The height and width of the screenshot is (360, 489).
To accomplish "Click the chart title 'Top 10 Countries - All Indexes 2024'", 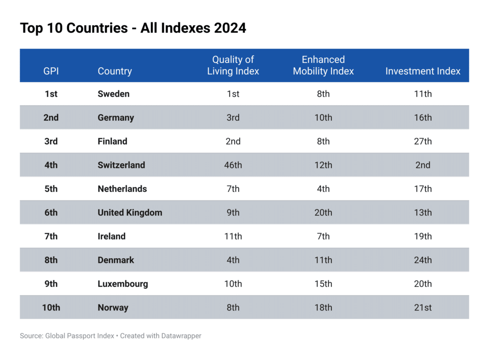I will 133,28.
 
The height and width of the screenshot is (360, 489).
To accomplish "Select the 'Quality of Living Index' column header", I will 233,65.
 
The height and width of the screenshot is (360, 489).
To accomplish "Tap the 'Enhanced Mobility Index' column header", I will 323,65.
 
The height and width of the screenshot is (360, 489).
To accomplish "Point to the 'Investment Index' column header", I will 423,71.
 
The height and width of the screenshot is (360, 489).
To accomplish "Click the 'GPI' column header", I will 51,71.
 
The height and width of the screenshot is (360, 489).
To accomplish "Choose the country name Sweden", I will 114,94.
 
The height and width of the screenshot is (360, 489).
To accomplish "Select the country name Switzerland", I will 121,165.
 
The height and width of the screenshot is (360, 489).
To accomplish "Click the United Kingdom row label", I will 130,212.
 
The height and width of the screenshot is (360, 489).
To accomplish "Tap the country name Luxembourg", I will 123,284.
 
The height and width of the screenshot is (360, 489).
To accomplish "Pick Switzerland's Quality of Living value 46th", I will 233,165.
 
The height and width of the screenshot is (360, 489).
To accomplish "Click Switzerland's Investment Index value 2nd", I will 423,165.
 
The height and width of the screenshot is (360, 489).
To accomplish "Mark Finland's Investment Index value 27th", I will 423,141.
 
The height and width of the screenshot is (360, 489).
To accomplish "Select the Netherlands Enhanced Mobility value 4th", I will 323,189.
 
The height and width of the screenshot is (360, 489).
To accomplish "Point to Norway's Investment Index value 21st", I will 423,307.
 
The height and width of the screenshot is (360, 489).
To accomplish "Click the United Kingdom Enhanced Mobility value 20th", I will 323,212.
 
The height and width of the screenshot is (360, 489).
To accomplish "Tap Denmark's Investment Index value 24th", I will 423,260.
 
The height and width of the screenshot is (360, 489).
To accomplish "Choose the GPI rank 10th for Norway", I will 51,307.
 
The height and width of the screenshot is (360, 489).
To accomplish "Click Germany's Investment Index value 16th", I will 423,117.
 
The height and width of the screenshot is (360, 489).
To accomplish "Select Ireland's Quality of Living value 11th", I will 233,236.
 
